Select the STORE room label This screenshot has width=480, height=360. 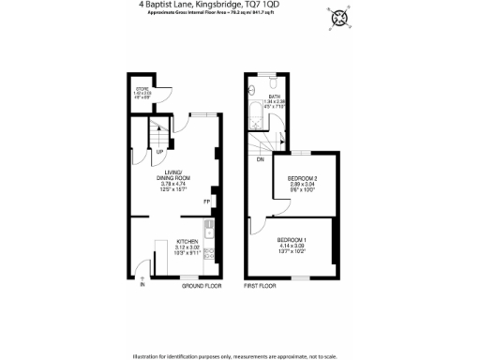coord(142,89)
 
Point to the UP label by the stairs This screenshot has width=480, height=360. coord(160,152)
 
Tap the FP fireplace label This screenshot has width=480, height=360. coord(206,201)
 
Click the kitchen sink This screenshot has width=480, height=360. coord(209,231)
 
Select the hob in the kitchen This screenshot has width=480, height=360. coord(209,251)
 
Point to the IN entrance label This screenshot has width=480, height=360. coord(143,284)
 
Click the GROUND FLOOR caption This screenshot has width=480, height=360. coord(201,284)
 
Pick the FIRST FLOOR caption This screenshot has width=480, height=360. coord(262,284)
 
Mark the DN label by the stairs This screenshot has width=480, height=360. coord(260,158)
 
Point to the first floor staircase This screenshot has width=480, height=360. coord(262,142)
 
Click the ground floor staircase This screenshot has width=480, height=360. coord(158,137)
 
